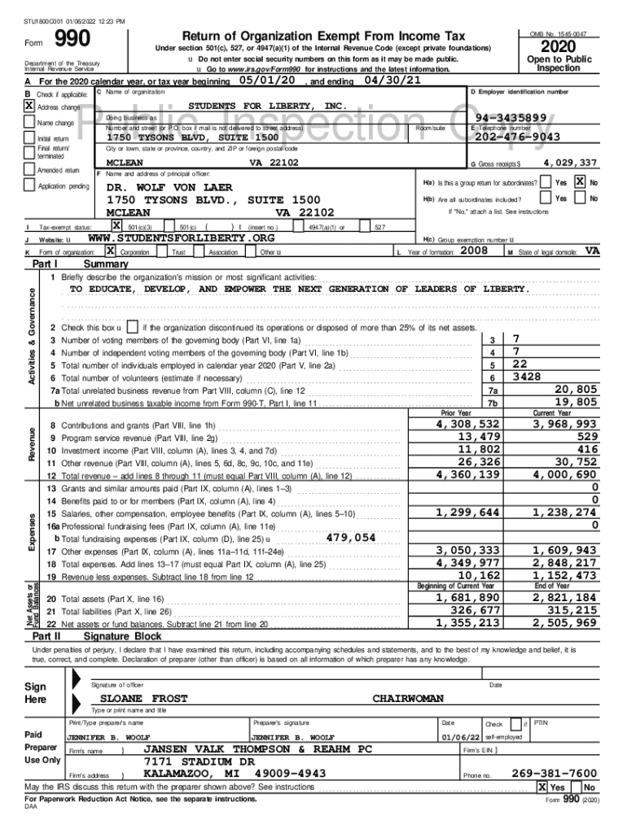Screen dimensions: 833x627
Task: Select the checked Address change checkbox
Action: click(x=29, y=107)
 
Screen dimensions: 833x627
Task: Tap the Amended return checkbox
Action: click(x=29, y=171)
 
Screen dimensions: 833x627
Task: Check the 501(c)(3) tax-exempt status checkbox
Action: click(x=117, y=225)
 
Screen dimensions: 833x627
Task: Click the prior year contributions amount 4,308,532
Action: click(x=467, y=424)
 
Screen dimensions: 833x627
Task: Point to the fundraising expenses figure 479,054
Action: click(x=350, y=538)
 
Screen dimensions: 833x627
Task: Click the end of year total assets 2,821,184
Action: click(x=564, y=598)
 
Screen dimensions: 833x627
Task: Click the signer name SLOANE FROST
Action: click(x=143, y=699)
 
